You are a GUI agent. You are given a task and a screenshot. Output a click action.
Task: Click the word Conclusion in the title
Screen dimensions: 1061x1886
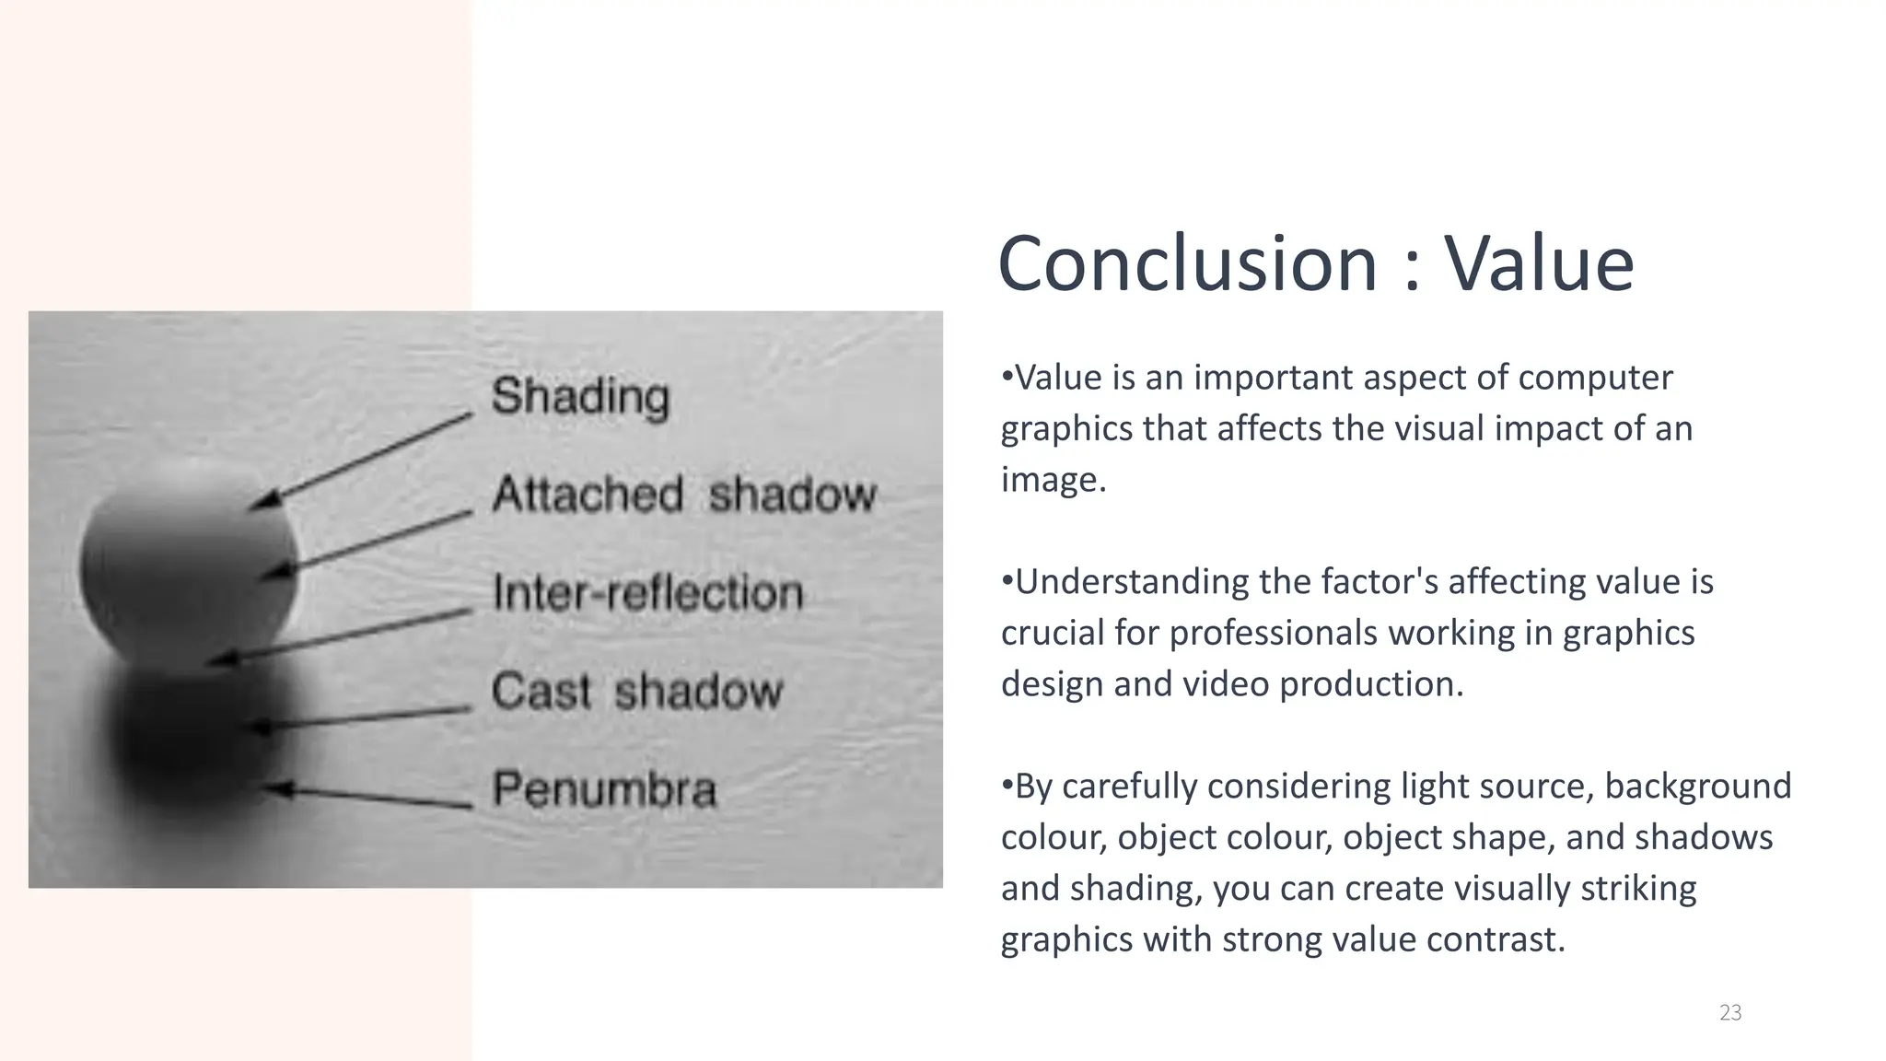[x=1187, y=264]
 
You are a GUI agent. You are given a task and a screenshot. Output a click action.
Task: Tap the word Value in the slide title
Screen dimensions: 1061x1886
[x=1539, y=264]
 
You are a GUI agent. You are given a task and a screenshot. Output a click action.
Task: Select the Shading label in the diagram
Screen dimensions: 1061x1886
[x=580, y=397]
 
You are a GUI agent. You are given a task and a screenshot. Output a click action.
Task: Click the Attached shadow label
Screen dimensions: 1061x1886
[x=683, y=495]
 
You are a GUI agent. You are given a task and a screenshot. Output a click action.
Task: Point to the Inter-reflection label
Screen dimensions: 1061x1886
[x=647, y=592]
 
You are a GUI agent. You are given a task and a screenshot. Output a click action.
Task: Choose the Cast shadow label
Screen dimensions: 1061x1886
[x=636, y=691]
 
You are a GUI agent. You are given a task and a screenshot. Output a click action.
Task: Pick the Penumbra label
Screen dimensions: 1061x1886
[x=604, y=789]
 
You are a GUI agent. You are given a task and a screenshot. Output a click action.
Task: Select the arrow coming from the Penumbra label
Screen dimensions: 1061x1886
[x=368, y=797]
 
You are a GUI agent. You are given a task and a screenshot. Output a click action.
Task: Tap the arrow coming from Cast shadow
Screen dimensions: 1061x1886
[x=359, y=719]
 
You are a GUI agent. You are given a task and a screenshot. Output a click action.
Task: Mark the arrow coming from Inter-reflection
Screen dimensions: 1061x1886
[x=341, y=635]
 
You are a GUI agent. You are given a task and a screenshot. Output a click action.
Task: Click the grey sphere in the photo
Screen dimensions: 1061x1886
[x=189, y=562]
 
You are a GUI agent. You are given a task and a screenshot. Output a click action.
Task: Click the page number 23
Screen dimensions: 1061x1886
[x=1730, y=1013]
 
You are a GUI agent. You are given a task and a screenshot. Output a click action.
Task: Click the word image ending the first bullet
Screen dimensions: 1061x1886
[x=1051, y=481]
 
